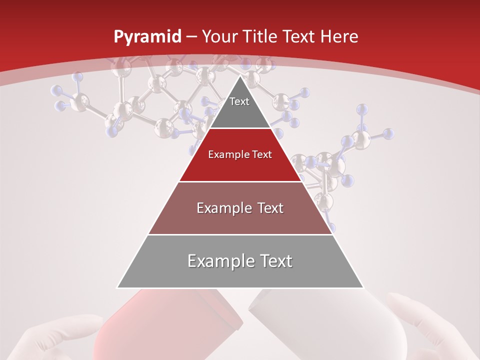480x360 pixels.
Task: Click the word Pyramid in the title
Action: [x=147, y=37]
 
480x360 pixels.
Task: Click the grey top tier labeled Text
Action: [x=239, y=107]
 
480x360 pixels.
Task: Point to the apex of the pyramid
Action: [x=240, y=76]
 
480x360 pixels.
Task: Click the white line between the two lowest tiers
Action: [x=240, y=234]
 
